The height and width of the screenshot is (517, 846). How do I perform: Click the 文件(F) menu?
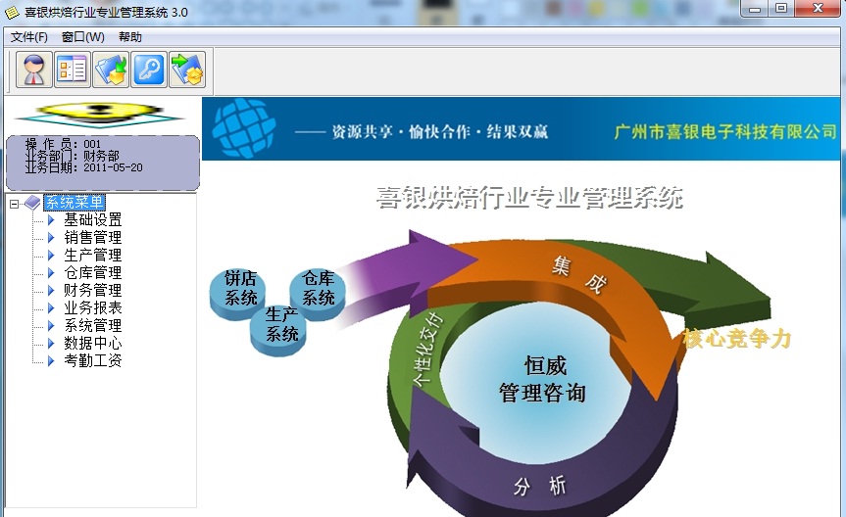point(29,36)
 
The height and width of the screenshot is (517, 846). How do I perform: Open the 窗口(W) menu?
point(82,36)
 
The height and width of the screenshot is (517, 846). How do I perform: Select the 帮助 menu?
point(130,36)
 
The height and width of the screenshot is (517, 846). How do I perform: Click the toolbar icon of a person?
point(34,70)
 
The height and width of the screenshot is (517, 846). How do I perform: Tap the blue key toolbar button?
point(149,70)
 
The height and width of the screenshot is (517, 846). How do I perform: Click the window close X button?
point(818,8)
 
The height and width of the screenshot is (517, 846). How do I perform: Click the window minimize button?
point(755,8)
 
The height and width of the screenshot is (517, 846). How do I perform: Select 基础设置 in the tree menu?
point(93,219)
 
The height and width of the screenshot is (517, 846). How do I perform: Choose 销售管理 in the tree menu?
point(93,237)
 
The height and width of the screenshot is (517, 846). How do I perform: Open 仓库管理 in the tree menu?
point(93,272)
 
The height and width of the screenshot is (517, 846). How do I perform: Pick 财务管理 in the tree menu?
point(93,290)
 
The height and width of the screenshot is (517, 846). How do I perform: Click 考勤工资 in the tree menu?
point(93,360)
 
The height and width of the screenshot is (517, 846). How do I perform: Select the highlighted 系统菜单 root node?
point(75,202)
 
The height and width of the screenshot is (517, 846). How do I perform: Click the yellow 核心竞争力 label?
point(736,339)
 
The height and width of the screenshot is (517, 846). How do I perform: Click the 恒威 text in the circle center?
point(545,365)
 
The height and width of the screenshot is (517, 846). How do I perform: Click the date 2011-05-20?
point(114,167)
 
